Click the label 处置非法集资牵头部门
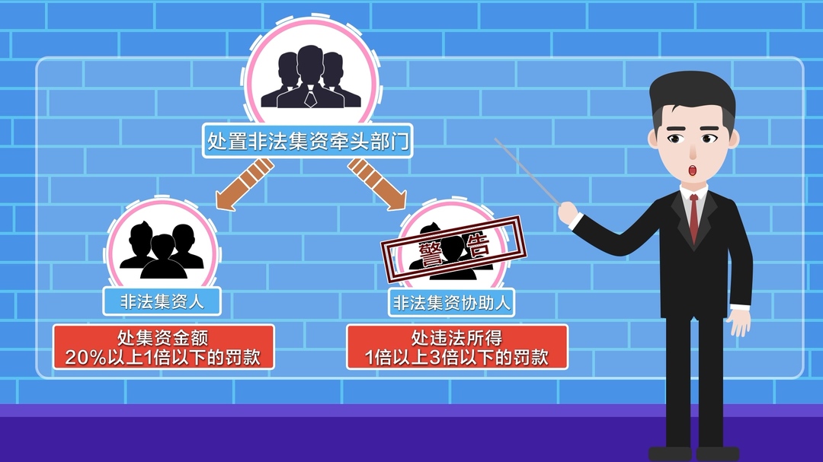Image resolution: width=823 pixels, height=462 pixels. tap(308, 141)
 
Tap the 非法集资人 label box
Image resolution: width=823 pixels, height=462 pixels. tap(162, 301)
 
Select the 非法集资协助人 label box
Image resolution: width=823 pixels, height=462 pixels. tap(451, 303)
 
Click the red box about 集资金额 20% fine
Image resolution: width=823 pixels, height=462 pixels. tap(163, 347)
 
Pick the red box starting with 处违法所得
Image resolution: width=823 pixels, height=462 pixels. tap(456, 347)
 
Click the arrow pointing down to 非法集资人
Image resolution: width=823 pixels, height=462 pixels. tap(244, 185)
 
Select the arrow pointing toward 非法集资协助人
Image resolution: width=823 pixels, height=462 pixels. tap(377, 184)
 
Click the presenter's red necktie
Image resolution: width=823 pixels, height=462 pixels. tap(694, 218)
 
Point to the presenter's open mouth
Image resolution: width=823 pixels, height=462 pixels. tap(692, 170)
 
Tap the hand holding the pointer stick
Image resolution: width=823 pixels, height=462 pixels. tap(568, 213)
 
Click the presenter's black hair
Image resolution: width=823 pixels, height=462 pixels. tap(692, 97)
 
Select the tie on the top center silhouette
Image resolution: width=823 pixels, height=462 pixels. tap(311, 97)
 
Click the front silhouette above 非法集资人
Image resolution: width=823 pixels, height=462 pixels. tap(163, 257)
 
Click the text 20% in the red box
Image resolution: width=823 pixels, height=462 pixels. tap(85, 358)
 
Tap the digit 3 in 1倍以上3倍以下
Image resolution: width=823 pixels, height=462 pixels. tap(434, 358)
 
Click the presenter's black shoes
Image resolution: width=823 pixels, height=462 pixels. tap(694, 454)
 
